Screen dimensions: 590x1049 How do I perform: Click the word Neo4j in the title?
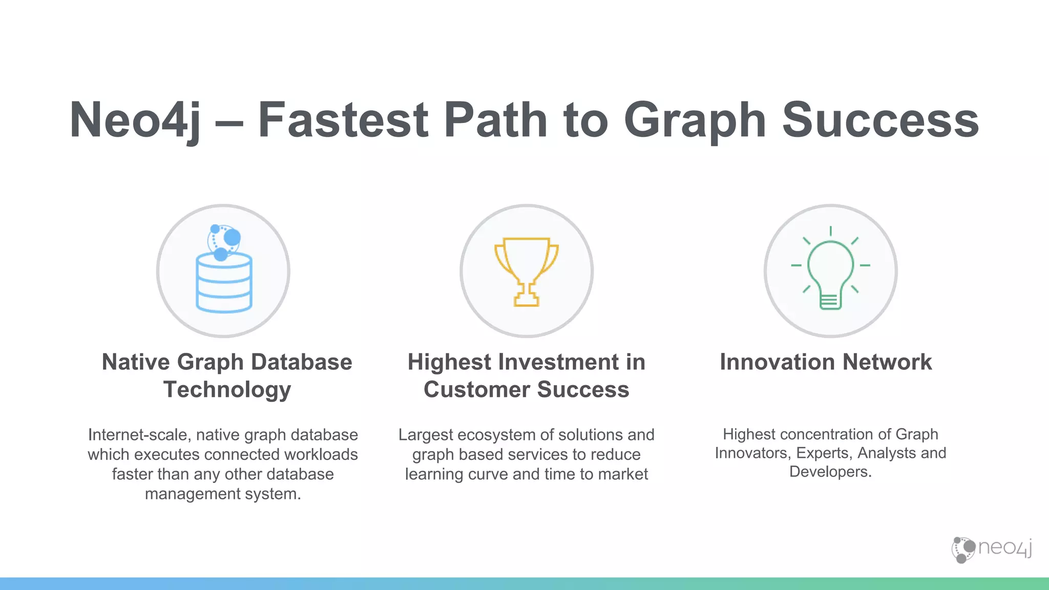click(135, 120)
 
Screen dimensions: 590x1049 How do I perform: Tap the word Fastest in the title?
click(343, 120)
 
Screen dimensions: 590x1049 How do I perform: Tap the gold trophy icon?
click(527, 271)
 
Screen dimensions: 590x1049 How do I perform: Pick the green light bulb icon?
click(830, 271)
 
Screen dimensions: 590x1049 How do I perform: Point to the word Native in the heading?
click(136, 362)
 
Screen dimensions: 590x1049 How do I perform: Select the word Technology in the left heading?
click(227, 390)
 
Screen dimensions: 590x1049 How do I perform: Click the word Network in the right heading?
click(887, 362)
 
